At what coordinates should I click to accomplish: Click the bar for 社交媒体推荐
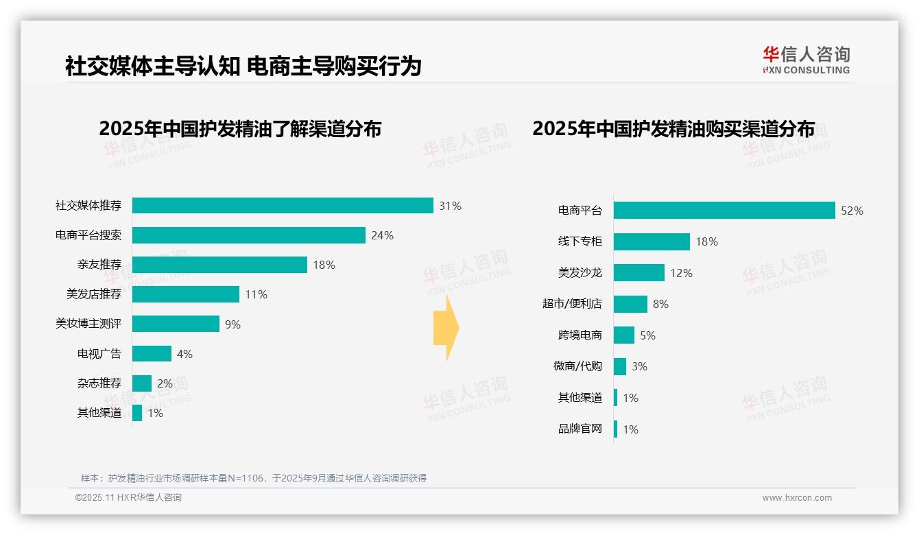283,206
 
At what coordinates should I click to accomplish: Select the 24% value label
382,235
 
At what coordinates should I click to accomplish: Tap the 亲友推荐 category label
99,265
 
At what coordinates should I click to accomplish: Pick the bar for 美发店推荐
186,294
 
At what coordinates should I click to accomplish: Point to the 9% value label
233,324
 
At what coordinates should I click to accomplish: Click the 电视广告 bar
152,354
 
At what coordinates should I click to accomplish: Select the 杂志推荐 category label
99,383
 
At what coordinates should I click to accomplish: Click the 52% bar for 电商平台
724,211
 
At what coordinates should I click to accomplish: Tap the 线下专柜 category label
580,241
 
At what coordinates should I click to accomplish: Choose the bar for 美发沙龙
639,273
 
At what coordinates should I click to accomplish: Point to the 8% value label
660,304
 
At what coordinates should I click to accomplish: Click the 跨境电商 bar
624,335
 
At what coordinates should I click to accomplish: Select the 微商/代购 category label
577,366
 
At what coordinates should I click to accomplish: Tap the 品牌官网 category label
580,429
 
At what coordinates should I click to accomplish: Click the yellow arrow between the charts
446,329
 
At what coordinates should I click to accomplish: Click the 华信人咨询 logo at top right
807,60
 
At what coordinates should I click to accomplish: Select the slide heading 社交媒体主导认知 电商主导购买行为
243,67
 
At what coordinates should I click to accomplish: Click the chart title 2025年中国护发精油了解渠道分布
240,129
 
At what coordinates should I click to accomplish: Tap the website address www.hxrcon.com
797,498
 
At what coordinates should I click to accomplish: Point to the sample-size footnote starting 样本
254,478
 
